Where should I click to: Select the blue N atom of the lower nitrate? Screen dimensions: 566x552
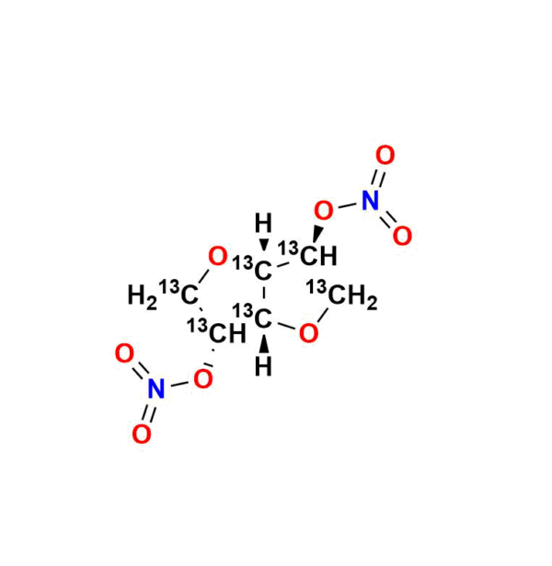point(155,389)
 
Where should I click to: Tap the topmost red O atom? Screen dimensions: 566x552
point(385,155)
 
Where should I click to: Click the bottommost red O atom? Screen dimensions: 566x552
point(141,434)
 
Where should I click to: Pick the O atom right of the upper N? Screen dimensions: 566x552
point(402,236)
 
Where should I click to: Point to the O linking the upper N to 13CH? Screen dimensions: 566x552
point(323,212)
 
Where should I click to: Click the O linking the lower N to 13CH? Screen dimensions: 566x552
point(204,377)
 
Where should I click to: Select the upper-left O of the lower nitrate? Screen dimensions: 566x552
point(125,352)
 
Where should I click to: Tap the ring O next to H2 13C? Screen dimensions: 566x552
point(218,256)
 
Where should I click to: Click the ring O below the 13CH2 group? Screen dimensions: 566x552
point(309,333)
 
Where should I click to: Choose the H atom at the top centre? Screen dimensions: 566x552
point(263,224)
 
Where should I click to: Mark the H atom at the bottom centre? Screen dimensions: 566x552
point(263,369)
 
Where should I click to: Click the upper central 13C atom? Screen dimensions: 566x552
point(263,271)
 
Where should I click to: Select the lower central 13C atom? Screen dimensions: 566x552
point(263,319)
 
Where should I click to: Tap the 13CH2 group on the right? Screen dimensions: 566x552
point(348,296)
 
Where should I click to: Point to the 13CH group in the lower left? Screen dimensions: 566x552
point(221,332)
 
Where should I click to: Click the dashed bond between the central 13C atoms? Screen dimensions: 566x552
point(263,295)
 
